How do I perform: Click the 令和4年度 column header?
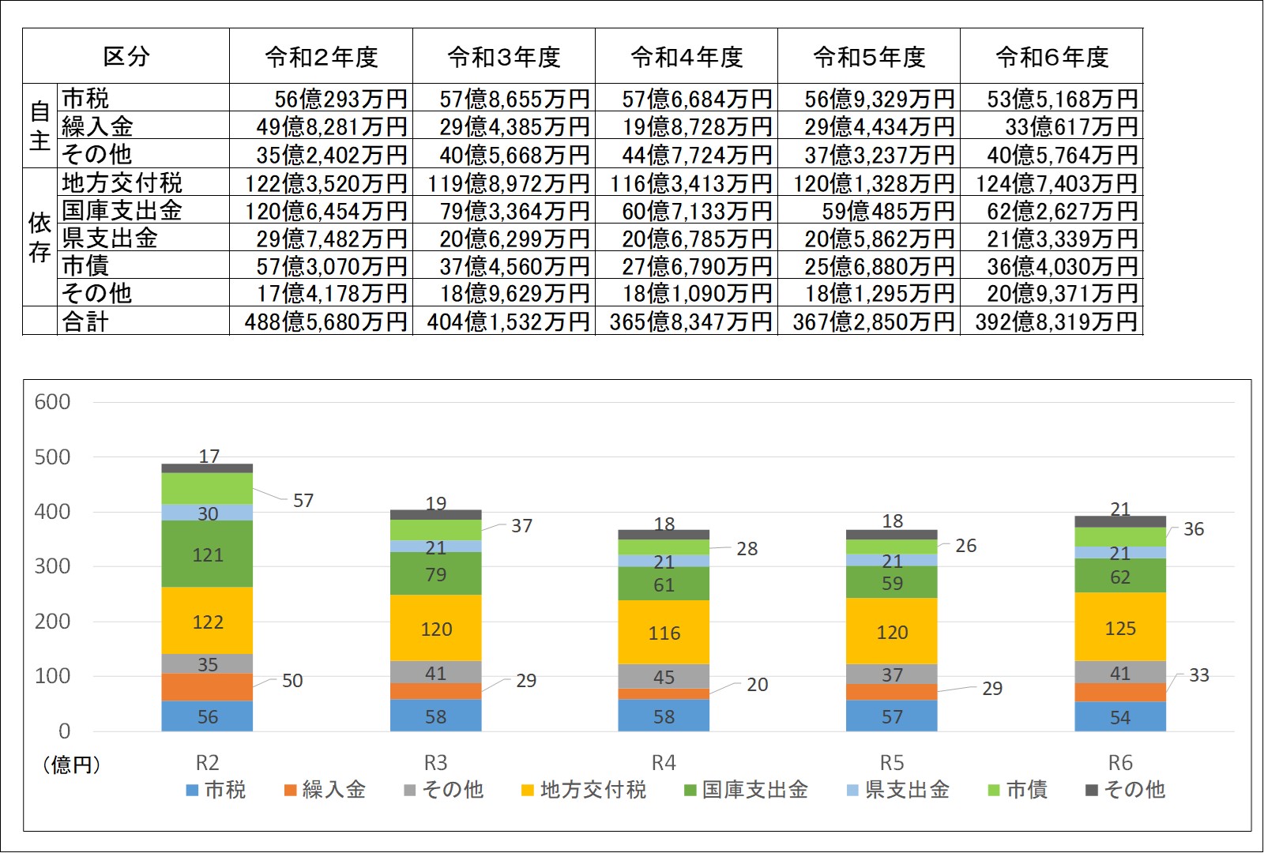click(x=687, y=57)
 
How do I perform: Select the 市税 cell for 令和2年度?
click(x=322, y=99)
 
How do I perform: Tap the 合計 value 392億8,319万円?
click(x=1051, y=321)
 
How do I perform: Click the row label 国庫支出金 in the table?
click(x=122, y=210)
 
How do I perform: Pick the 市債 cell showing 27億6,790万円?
click(x=687, y=266)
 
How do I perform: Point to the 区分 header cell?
click(x=126, y=57)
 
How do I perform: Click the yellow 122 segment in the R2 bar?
click(x=207, y=622)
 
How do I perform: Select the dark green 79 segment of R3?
click(x=435, y=574)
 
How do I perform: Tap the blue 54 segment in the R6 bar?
click(x=1119, y=717)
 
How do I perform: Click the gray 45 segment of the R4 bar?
click(x=664, y=677)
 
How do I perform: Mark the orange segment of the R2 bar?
click(x=207, y=687)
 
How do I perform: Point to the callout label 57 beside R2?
click(x=303, y=501)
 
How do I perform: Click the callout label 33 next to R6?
click(x=1198, y=675)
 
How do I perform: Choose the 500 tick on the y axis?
click(x=52, y=457)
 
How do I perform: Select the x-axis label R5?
click(x=892, y=763)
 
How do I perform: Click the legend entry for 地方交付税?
click(x=585, y=790)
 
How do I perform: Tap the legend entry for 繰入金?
click(x=325, y=790)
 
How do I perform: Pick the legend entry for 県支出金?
click(x=898, y=790)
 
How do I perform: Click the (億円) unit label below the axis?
click(x=71, y=765)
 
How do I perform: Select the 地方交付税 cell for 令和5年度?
click(x=869, y=183)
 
